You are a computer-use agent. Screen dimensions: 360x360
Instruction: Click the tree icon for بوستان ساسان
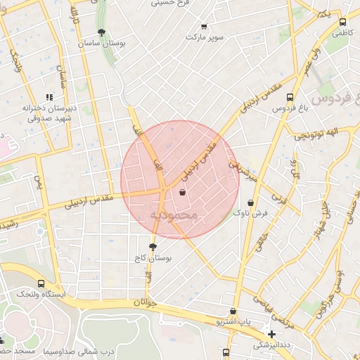tap(102, 32)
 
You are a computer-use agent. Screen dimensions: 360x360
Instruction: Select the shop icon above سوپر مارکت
tap(204, 26)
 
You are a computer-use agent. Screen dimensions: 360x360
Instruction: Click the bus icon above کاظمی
tap(342, 22)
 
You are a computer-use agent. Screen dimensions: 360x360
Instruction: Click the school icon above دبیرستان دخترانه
tap(49, 97)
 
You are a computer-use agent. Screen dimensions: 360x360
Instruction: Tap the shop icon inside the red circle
tap(183, 192)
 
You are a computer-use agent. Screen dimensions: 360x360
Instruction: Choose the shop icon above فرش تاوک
tap(250, 202)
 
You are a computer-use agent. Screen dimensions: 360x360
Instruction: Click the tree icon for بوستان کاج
tap(153, 247)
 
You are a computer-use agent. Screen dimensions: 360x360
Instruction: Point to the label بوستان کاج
tap(153, 258)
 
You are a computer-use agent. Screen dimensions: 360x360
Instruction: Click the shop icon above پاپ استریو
tap(233, 311)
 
